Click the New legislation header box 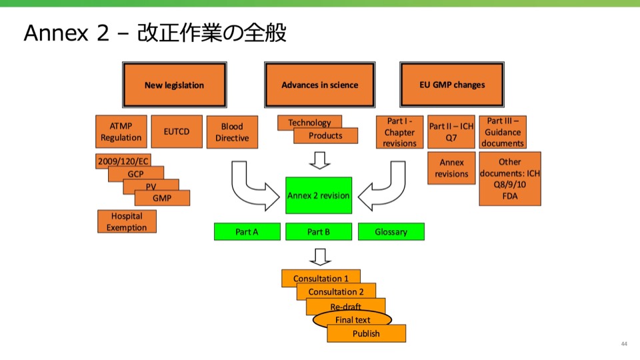tap(174, 85)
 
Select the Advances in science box tap(319, 85)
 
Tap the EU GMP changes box tap(452, 85)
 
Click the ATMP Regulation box tap(121, 131)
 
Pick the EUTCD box tap(177, 131)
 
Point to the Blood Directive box tap(232, 132)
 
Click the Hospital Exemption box tap(127, 221)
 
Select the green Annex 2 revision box tap(318, 195)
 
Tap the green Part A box tap(247, 231)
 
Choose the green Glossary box tap(391, 231)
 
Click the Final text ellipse tap(352, 320)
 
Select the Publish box tap(366, 333)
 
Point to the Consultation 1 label tap(321, 278)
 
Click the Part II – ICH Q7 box tap(451, 131)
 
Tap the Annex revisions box tap(451, 169)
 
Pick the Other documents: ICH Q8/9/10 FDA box tap(509, 179)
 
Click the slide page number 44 tap(624, 344)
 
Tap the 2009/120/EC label tap(123, 162)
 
